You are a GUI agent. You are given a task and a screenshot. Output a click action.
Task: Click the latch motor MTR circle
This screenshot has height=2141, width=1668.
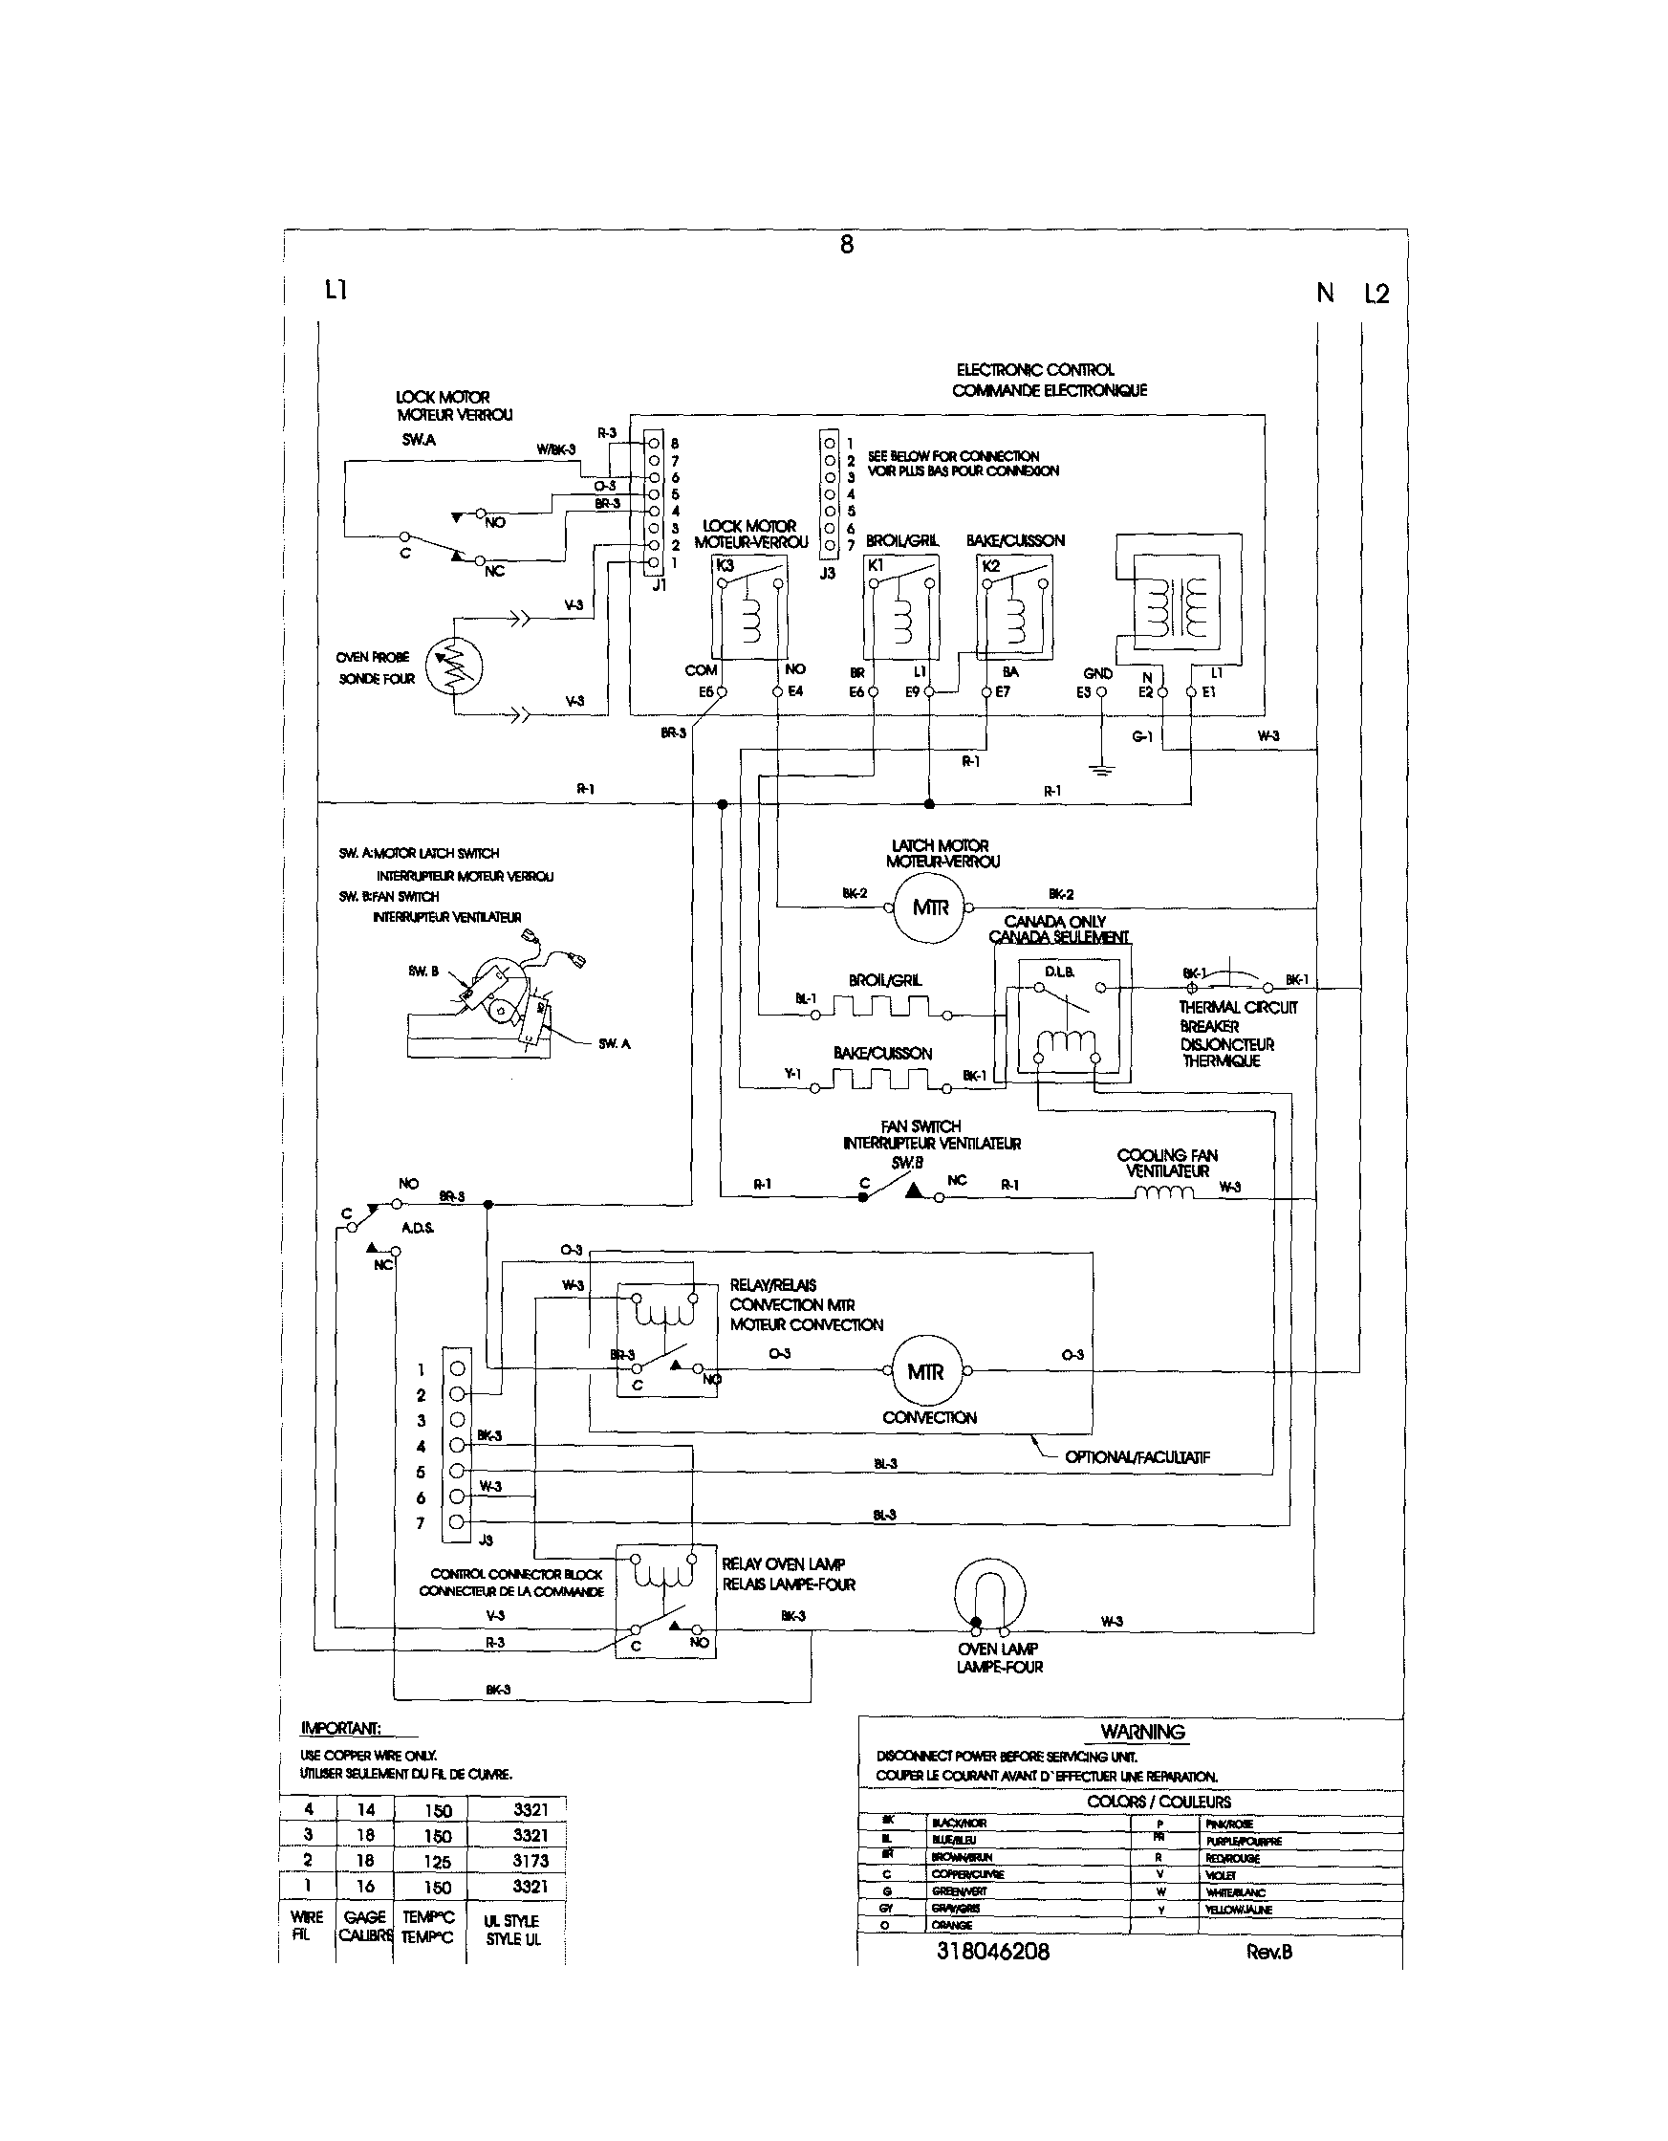pos(930,907)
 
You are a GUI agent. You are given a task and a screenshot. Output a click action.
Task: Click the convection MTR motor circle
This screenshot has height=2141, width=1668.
pos(926,1371)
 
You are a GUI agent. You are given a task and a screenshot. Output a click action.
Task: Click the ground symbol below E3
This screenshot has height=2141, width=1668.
pos(1101,768)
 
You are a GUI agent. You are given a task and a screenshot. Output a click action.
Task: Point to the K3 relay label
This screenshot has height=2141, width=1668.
pos(726,566)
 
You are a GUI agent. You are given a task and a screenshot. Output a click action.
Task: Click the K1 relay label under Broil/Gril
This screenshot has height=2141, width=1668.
pos(877,566)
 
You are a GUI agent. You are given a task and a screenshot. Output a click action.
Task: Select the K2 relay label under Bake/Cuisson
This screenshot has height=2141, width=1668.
pos(990,566)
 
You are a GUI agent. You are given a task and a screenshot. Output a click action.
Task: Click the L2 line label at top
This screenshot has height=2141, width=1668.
pos(1376,294)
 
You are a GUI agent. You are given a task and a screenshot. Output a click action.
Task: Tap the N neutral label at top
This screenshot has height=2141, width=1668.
pos(1325,294)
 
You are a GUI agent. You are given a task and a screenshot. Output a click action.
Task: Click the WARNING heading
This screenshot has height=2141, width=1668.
pos(1141,1732)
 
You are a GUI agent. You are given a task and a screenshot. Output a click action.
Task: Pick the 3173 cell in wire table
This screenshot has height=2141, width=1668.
pos(530,1861)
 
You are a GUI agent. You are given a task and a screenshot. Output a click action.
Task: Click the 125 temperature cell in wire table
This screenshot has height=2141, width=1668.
pos(437,1862)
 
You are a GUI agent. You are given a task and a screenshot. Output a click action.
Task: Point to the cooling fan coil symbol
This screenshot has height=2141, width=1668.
pos(1164,1193)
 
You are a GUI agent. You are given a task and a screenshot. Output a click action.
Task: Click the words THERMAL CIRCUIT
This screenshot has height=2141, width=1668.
pos(1238,1007)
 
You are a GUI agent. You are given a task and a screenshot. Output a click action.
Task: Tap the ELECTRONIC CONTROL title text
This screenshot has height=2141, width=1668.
pos(1035,369)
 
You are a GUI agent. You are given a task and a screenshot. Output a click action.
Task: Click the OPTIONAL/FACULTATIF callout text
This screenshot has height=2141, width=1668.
pos(1137,1456)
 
